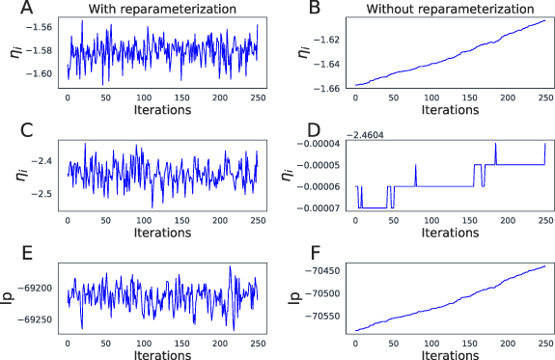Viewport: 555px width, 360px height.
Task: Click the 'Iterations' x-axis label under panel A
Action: point(161,111)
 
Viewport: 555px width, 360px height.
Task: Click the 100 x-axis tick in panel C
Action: point(143,219)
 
